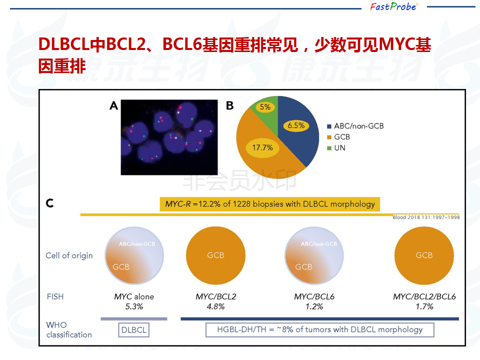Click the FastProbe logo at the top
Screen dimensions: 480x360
394,6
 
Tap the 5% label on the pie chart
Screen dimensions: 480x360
265,107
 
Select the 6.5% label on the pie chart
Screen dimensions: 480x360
296,125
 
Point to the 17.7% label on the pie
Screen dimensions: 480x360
262,147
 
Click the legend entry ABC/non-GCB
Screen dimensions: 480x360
355,126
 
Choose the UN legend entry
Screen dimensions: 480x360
336,148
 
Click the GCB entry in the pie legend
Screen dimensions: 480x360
338,137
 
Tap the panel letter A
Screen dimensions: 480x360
113,105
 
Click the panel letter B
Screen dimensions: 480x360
229,105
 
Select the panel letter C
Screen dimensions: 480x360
49,203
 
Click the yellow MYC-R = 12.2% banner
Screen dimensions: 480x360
269,204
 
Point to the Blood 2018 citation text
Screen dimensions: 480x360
426,217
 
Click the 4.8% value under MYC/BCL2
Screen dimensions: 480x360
216,306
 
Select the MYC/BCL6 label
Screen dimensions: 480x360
314,296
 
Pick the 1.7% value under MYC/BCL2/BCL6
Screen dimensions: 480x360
424,306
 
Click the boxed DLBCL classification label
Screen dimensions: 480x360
134,330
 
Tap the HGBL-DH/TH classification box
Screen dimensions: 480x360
320,329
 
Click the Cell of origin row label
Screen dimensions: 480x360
69,255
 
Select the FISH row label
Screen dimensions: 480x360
55,296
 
